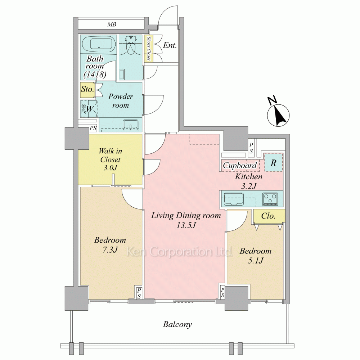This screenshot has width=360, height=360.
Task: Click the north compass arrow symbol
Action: [278, 114]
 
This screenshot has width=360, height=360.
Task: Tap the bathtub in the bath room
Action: [99, 45]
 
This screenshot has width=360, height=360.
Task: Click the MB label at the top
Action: [112, 24]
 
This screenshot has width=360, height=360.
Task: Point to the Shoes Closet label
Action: [149, 49]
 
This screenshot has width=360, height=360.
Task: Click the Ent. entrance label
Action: [170, 45]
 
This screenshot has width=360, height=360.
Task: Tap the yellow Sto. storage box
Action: [87, 89]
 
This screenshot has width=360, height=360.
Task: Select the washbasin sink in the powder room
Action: [130, 125]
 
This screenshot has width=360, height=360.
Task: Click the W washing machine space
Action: [89, 109]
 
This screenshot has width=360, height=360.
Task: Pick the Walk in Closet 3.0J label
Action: [110, 159]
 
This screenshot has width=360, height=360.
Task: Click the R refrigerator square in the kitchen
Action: [273, 162]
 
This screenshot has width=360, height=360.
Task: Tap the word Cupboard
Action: [240, 165]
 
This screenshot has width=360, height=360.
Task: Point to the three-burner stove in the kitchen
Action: [270, 199]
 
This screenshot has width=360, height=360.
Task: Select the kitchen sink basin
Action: [234, 199]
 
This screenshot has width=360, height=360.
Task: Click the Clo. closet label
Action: [268, 216]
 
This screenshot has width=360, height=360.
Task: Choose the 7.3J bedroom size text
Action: [110, 249]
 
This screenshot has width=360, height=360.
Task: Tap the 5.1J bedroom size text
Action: [256, 260]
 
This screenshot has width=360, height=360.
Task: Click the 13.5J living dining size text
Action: [186, 225]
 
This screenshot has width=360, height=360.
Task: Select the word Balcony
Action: [177, 325]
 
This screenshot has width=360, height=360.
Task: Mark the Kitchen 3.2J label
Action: [249, 181]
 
